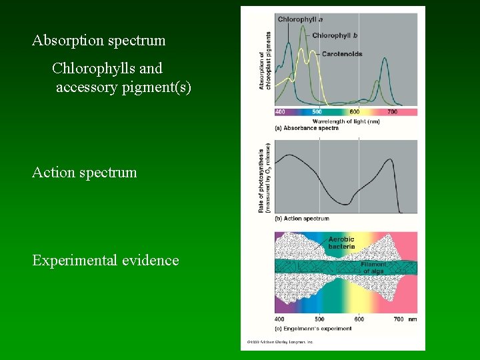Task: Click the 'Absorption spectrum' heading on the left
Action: pyautogui.click(x=99, y=41)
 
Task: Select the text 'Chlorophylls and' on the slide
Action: pyautogui.click(x=107, y=69)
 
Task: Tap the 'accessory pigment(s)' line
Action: pyautogui.click(x=123, y=87)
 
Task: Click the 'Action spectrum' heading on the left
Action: pyautogui.click(x=85, y=173)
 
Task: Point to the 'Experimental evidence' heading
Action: pyautogui.click(x=105, y=261)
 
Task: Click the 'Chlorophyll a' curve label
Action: pyautogui.click(x=300, y=19)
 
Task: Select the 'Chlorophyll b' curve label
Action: pyautogui.click(x=335, y=35)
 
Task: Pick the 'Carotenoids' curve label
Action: pyautogui.click(x=341, y=54)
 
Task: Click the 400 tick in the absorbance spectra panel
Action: pyautogui.click(x=280, y=112)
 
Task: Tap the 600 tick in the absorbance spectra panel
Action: pyautogui.click(x=355, y=112)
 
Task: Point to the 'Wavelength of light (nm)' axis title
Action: pyautogui.click(x=346, y=121)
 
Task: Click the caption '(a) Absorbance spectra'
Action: pyautogui.click(x=307, y=128)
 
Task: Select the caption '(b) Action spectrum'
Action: pyautogui.click(x=302, y=219)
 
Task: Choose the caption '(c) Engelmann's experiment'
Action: pyautogui.click(x=313, y=329)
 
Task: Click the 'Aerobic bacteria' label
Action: pyautogui.click(x=341, y=243)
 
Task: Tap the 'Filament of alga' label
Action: pyautogui.click(x=374, y=268)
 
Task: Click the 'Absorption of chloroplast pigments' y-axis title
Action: pyautogui.click(x=264, y=61)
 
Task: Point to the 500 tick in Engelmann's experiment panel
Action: pyautogui.click(x=319, y=319)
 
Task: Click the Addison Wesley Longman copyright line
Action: pyautogui.click(x=279, y=342)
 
